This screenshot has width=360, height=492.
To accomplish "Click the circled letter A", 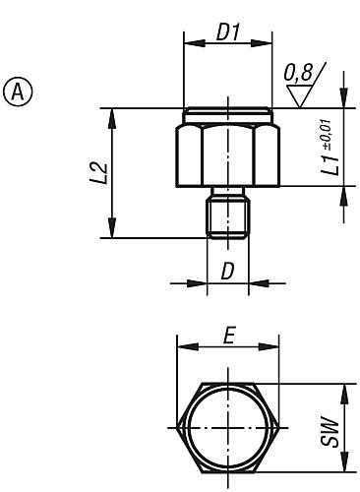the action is tap(18, 92).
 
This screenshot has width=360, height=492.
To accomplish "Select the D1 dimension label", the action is tap(228, 32).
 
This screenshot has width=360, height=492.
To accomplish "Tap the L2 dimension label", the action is tap(99, 172).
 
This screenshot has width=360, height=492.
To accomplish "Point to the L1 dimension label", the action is tap(331, 165).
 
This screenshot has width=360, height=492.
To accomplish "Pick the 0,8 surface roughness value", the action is tap(298, 73).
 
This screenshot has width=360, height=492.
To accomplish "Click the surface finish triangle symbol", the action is tap(299, 95).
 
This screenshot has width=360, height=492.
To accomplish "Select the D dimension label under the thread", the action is tap(228, 272).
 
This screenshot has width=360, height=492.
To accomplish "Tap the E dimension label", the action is tap(228, 336).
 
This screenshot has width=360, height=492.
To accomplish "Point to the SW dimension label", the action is tap(330, 431).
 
